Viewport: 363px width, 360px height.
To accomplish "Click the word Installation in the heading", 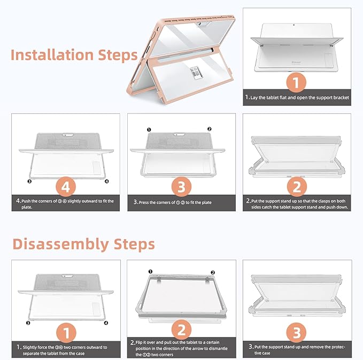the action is point(52,55).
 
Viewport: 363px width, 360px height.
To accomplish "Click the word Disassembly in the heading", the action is point(61,244).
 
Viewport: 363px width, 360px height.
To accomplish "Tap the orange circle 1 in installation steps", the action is point(296,82).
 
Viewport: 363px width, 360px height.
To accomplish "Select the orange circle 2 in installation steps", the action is point(297,187).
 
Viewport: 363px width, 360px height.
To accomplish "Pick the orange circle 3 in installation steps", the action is point(181,187).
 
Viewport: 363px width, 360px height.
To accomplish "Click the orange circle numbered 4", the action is point(66,187).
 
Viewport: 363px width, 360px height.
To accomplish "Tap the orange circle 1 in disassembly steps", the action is point(66,333).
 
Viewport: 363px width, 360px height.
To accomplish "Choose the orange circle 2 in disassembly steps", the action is point(181,330).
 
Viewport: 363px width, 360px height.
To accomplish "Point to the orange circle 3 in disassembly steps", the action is point(296,332).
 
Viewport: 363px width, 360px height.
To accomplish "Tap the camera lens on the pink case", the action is point(199,24).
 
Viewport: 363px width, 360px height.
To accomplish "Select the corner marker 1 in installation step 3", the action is point(149,130).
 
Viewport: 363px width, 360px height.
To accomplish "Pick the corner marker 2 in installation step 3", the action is point(209,129).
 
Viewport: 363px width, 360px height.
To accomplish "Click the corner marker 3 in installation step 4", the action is point(29,181).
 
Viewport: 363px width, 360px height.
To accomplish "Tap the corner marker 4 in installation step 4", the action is point(107,181).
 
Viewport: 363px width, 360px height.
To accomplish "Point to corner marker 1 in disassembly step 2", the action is point(150,272).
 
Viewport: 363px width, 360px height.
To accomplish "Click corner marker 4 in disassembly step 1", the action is point(106,323).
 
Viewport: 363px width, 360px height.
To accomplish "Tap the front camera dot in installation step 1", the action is point(294,25).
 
